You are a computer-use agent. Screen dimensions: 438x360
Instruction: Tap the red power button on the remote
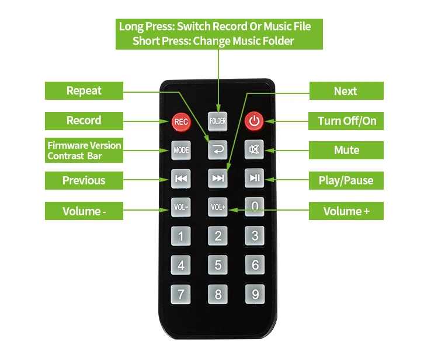point(254,121)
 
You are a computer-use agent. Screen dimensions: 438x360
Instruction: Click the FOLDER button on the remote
point(218,121)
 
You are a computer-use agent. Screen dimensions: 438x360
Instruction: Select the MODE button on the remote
point(181,150)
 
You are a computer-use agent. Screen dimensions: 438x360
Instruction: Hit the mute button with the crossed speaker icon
point(255,149)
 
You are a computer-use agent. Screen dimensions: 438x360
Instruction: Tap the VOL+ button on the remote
point(218,207)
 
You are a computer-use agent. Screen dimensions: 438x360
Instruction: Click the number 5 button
point(218,265)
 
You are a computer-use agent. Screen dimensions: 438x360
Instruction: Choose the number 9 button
point(255,294)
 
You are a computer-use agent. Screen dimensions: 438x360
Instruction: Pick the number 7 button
point(181,293)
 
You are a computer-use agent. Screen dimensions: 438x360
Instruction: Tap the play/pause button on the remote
point(255,178)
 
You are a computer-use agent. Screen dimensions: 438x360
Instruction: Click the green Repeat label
point(84,91)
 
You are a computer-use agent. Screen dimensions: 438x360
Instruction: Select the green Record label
point(84,121)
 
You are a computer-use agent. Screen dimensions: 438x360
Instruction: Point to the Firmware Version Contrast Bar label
point(84,151)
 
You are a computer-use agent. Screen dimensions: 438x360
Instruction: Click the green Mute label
point(346,151)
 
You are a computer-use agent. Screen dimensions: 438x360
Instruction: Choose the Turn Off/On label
point(346,121)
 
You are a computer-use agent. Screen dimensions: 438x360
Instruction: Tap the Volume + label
point(346,211)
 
